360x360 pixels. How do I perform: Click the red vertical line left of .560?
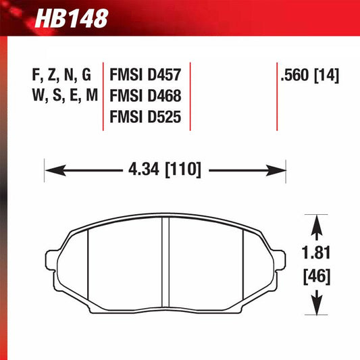[278, 95]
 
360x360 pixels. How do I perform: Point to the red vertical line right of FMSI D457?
[191, 95]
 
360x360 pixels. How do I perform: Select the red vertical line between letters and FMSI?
[103, 95]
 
